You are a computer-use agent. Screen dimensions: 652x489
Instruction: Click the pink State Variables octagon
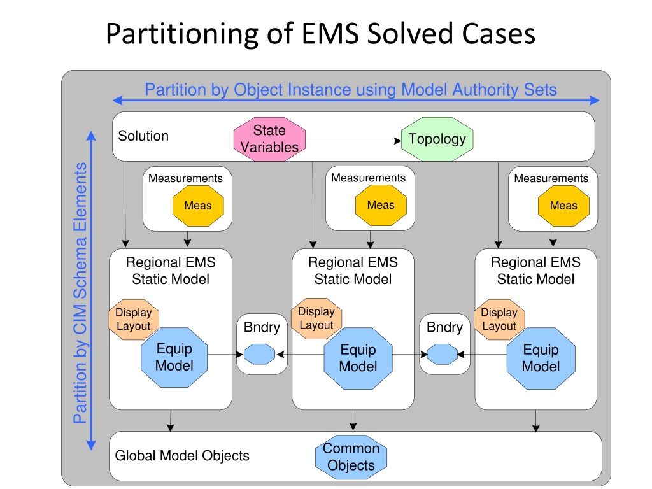[269, 139]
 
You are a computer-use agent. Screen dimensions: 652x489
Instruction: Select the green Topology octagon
[437, 139]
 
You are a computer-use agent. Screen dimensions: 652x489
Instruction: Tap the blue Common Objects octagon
[351, 457]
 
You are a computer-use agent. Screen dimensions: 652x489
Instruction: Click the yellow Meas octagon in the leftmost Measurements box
[198, 206]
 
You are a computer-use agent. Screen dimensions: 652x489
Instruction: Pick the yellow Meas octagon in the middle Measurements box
[381, 205]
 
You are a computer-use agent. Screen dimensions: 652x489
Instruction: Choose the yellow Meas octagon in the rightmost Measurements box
[563, 206]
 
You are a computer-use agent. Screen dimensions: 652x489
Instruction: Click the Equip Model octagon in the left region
[174, 357]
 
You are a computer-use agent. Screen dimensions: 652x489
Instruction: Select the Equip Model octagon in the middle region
[358, 358]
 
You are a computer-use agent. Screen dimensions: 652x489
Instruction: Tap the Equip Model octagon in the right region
[541, 358]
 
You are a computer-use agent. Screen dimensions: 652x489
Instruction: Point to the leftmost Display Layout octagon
[134, 320]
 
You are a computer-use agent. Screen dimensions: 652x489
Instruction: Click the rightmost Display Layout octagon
[499, 320]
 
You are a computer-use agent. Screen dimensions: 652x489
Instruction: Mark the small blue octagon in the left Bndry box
[260, 354]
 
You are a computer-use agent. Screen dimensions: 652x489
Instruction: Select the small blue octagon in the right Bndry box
[443, 354]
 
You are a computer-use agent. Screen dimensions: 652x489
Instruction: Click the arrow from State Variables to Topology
[353, 141]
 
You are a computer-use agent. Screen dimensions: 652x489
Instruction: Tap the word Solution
[143, 136]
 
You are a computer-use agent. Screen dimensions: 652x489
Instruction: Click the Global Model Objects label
[182, 456]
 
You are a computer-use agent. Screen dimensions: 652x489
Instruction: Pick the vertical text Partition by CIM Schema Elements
[80, 293]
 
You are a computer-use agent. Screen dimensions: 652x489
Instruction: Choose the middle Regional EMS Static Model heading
[353, 270]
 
